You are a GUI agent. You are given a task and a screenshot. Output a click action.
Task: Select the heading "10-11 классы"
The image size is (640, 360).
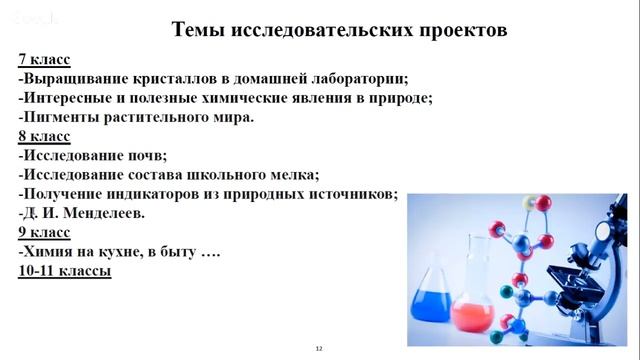click(x=64, y=271)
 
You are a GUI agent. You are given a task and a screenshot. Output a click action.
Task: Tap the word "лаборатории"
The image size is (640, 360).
click(x=356, y=79)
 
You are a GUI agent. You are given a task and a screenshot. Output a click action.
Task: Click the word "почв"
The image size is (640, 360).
click(x=147, y=156)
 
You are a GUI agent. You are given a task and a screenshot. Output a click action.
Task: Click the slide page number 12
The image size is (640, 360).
click(x=319, y=348)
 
